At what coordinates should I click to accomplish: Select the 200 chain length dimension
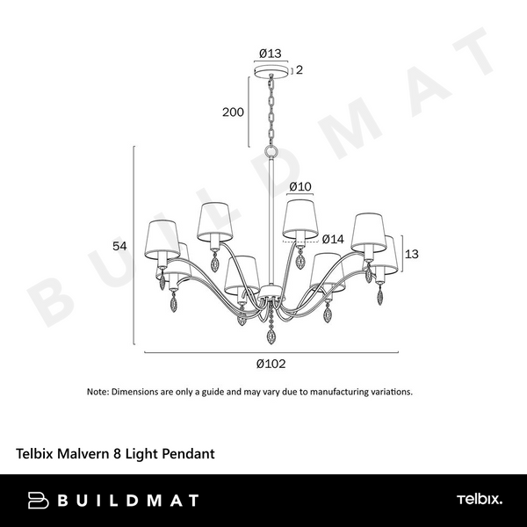pyautogui.click(x=233, y=112)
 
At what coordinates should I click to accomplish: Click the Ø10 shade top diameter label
pyautogui.click(x=300, y=186)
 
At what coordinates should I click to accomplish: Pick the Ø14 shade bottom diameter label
pyautogui.click(x=332, y=239)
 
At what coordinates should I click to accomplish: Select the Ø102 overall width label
pyautogui.click(x=271, y=363)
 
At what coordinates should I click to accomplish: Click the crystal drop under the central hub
pyautogui.click(x=270, y=335)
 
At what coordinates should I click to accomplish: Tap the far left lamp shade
pyautogui.click(x=160, y=235)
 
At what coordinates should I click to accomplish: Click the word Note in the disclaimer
pyautogui.click(x=97, y=392)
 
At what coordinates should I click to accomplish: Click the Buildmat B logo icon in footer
pyautogui.click(x=37, y=500)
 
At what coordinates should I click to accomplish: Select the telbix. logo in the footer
pyautogui.click(x=479, y=500)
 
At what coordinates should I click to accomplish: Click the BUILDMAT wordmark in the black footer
pyautogui.click(x=127, y=500)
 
